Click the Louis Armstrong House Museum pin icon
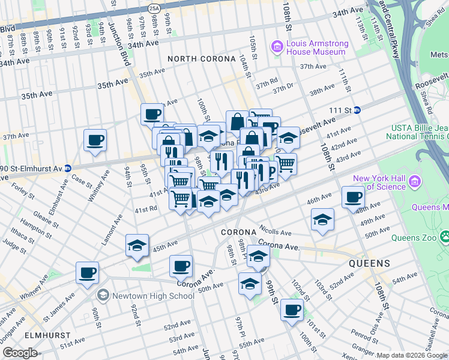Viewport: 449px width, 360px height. pos(277,46)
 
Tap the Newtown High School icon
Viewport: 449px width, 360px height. pos(103,295)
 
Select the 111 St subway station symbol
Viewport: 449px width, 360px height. pos(357,110)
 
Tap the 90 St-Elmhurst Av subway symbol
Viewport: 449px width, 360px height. pos(67,169)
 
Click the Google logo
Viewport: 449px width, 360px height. pos(20,352)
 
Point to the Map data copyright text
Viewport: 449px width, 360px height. pos(412,355)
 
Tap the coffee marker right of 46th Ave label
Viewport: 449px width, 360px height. pos(353,197)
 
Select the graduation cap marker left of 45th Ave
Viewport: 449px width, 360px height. pos(137,245)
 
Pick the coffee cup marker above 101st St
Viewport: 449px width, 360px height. pos(292,310)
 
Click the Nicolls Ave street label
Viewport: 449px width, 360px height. pos(275,232)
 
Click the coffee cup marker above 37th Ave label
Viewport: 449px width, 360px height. pos(95,140)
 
